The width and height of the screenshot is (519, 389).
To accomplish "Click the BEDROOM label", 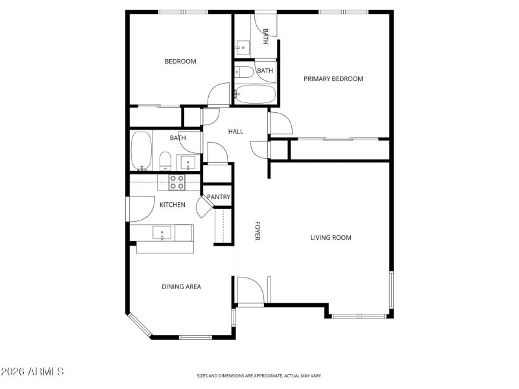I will [180, 62].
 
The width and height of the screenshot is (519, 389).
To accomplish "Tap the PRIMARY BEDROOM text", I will [333, 79].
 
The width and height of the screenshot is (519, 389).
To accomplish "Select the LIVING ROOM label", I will [330, 238].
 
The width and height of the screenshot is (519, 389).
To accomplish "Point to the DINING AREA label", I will [181, 287].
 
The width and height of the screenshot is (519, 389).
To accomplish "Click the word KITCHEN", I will [173, 205].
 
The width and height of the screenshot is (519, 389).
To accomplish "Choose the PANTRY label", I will [219, 197].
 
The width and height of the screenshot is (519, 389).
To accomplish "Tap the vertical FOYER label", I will [257, 231].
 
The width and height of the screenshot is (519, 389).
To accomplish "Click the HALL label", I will [235, 132].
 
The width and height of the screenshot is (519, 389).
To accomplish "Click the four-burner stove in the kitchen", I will [177, 182].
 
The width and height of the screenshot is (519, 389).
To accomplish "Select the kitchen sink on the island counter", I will [162, 231].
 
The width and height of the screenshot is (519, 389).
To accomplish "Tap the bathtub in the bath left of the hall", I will [141, 150].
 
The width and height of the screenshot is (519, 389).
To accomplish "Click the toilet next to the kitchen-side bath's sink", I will [165, 159].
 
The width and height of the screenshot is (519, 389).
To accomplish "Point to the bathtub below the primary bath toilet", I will [255, 94].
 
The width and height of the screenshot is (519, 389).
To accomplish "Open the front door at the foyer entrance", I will [249, 290].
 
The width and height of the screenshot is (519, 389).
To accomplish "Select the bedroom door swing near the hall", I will [219, 94].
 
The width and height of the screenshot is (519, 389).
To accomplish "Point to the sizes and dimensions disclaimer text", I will [259, 375].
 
